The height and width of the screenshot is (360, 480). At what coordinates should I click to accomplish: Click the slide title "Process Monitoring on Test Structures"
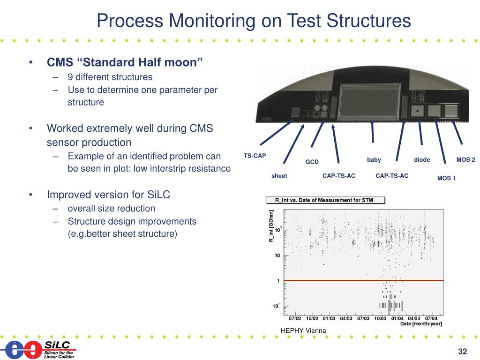pyautogui.click(x=254, y=21)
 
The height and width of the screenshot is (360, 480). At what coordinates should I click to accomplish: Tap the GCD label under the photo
pyautogui.click(x=312, y=162)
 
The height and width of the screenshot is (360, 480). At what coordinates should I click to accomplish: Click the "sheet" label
pyautogui.click(x=279, y=176)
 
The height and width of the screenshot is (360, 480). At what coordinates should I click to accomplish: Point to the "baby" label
pyautogui.click(x=374, y=160)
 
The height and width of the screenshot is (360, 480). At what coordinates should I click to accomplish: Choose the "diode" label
pyautogui.click(x=421, y=160)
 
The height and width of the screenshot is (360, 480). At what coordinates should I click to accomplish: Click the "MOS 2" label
pyautogui.click(x=465, y=160)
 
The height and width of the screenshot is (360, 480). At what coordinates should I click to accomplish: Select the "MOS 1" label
pyautogui.click(x=446, y=178)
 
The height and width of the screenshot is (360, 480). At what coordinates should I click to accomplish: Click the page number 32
pyautogui.click(x=463, y=352)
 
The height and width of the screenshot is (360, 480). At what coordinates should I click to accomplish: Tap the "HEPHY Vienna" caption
pyautogui.click(x=303, y=331)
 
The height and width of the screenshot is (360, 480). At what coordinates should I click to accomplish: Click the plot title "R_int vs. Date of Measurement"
pyautogui.click(x=324, y=200)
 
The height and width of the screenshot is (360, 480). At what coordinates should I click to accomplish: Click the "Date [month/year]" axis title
pyautogui.click(x=421, y=324)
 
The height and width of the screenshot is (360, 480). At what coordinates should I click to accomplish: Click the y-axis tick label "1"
pyautogui.click(x=279, y=281)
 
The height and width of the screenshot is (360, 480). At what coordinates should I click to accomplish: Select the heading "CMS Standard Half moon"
pyautogui.click(x=125, y=62)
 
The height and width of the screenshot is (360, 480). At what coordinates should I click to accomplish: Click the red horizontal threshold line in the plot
pyautogui.click(x=364, y=280)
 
